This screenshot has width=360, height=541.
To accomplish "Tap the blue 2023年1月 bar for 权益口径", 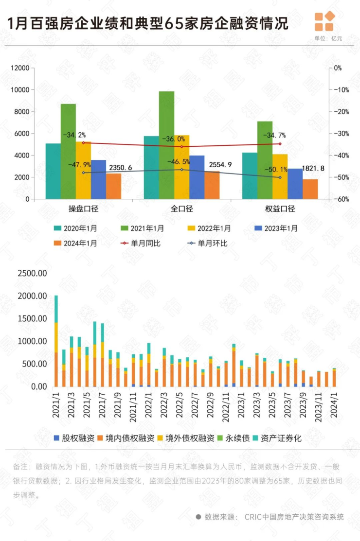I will [295, 184].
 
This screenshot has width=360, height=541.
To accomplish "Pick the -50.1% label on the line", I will [273, 169].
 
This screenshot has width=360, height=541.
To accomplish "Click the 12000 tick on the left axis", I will [19, 68].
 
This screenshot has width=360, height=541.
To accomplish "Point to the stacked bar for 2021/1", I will [56, 340].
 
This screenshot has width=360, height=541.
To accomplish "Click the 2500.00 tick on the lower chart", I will [32, 273].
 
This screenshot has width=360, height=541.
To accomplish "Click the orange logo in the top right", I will [324, 21].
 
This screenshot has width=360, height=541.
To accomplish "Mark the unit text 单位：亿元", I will [328, 38].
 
